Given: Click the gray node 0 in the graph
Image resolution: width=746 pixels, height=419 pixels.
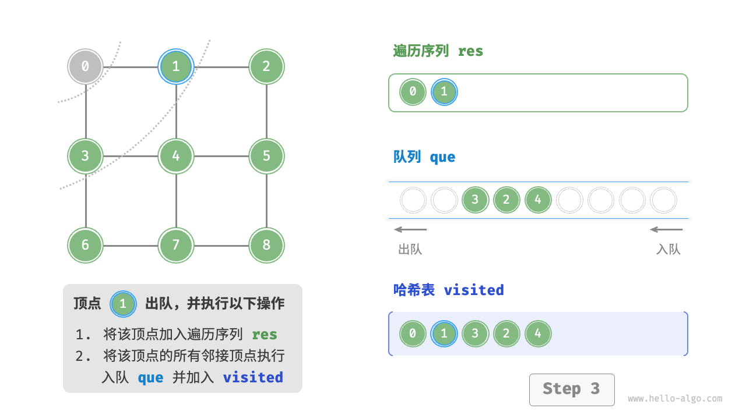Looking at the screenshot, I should [85, 66].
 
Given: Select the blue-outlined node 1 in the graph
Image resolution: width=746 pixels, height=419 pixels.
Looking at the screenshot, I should [176, 66].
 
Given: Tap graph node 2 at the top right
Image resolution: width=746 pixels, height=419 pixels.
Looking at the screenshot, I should [266, 66].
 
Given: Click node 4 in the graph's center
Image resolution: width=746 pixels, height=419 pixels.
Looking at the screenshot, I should [176, 156].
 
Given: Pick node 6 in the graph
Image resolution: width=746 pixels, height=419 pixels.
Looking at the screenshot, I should [85, 245].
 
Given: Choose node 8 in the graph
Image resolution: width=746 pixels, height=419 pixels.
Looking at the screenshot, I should [266, 245].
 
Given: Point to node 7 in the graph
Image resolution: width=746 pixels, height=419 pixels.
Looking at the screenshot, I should [176, 245].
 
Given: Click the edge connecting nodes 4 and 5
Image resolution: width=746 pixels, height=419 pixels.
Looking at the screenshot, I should [221, 156].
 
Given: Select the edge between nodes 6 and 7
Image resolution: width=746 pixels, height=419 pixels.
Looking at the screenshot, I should [131, 245].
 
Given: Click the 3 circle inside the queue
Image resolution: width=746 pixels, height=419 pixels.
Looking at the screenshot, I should [475, 200].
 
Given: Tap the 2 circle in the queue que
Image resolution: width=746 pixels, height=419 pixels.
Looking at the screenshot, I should [506, 200].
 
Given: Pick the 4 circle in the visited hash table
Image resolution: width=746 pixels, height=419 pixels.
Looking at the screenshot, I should [537, 334].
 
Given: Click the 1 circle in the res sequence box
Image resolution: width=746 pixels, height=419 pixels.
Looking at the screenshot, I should [444, 92].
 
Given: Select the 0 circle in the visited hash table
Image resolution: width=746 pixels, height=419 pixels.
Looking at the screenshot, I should [413, 334].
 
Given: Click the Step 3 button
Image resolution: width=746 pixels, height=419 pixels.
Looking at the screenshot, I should [571, 389].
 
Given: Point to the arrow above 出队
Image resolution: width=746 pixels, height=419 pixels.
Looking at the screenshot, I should [410, 229].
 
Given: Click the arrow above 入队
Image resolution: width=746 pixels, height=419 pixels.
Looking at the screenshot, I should [666, 229].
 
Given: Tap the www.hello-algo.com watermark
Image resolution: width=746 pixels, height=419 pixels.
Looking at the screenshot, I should [675, 399].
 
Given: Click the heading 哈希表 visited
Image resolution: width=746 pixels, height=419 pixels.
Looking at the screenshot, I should [448, 290].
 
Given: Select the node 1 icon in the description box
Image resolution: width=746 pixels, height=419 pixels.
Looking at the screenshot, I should [122, 303].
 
